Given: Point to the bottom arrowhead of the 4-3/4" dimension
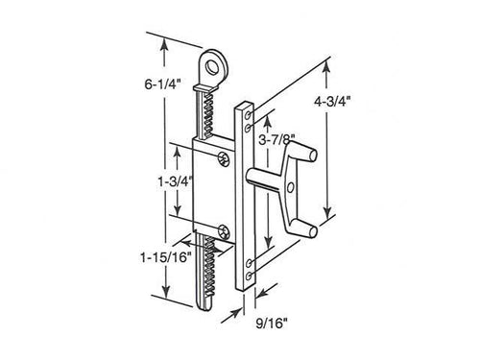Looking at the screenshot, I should click(328, 216).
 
